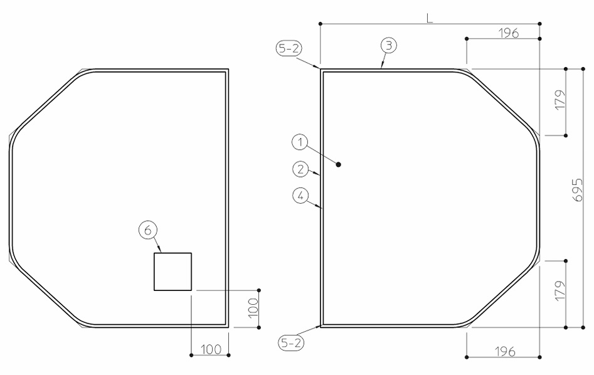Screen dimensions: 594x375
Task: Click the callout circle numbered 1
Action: tap(300, 143)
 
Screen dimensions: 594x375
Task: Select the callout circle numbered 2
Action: tap(300, 169)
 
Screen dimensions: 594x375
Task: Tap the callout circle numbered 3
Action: tap(389, 46)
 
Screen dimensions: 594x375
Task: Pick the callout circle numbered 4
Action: tap(301, 196)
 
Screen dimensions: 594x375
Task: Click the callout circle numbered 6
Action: tap(148, 230)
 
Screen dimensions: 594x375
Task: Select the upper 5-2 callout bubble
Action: tap(289, 49)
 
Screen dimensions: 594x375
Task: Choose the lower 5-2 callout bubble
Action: tap(291, 343)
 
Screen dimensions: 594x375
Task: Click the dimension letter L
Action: tap(429, 18)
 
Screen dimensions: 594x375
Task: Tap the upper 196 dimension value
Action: tap(509, 33)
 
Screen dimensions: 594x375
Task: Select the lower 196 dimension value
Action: tap(506, 352)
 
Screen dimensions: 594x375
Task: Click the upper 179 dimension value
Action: tap(560, 100)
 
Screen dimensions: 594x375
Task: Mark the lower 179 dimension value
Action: tap(560, 291)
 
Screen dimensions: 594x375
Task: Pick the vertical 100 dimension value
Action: tap(253, 307)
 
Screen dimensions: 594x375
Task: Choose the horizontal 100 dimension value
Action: tap(211, 350)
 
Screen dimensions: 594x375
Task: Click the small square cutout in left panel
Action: tap(172, 272)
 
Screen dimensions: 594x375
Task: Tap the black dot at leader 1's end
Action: tap(339, 164)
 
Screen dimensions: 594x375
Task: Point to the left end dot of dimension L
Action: tap(321, 24)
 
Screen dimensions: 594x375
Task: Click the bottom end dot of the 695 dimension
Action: tap(583, 327)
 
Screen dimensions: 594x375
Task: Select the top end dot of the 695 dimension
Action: tap(583, 69)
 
